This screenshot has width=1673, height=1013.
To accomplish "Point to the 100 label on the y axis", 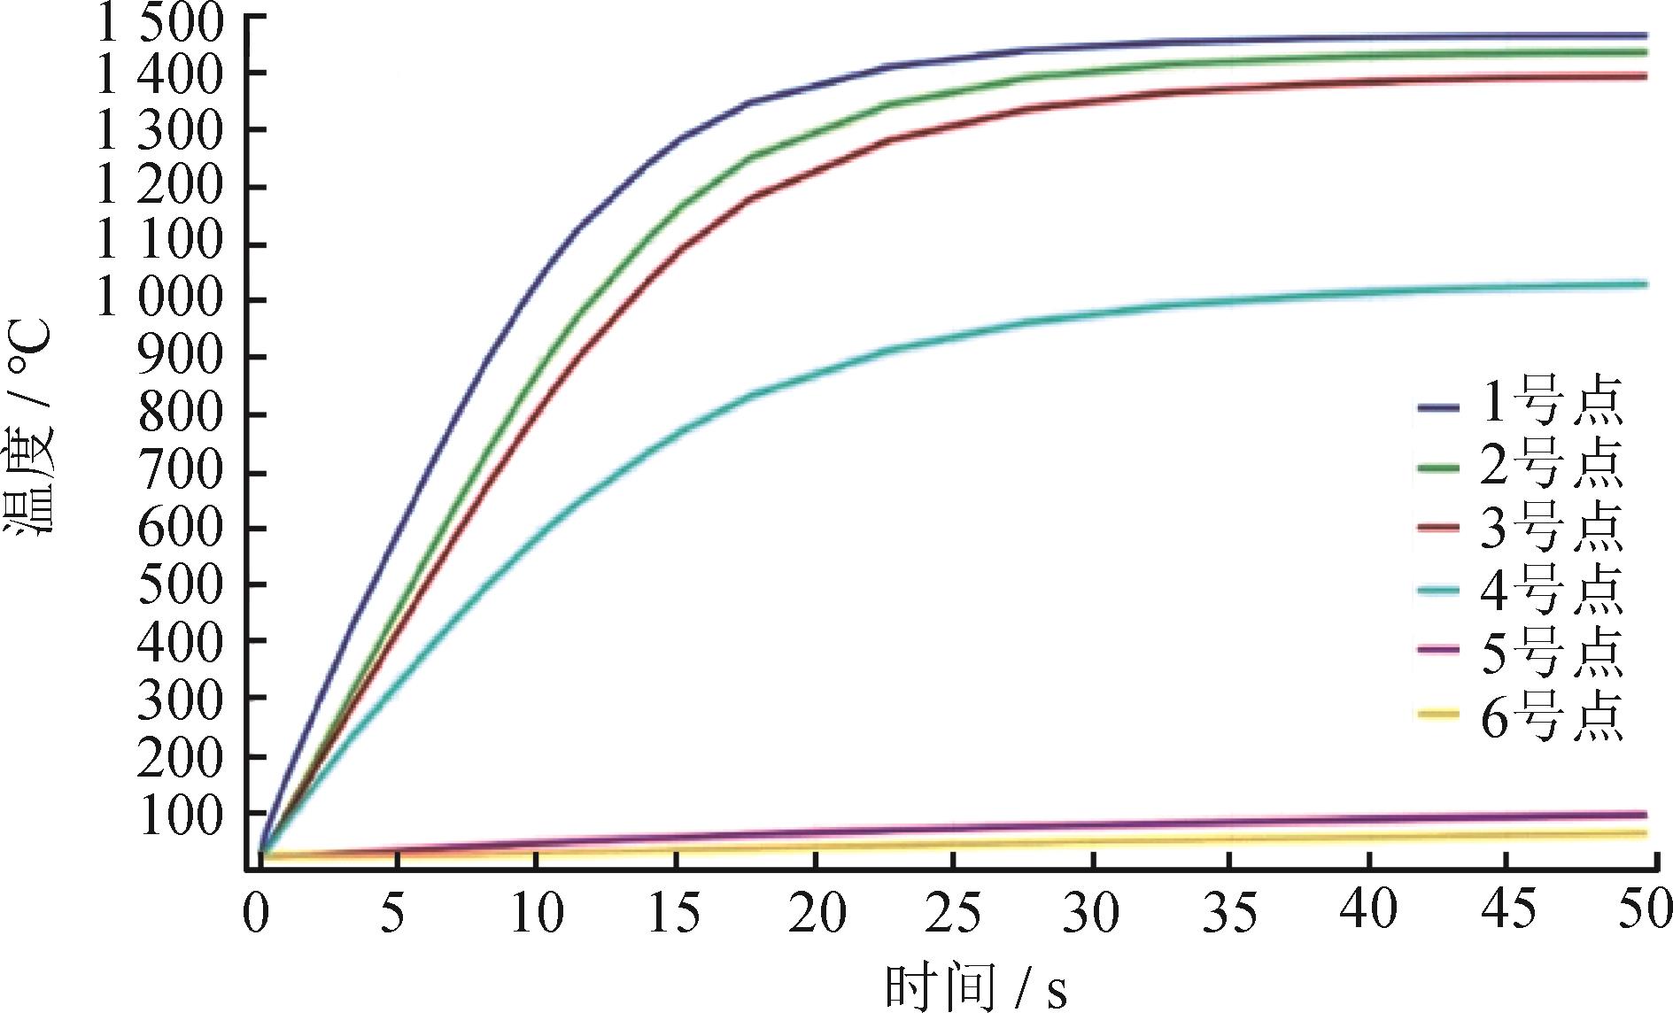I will point(181,816).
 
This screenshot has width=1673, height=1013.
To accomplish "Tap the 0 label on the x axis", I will point(256,912).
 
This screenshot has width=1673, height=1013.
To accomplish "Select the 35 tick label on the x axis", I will point(1229,912).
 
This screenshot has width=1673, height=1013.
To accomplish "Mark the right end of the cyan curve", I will point(1646,284).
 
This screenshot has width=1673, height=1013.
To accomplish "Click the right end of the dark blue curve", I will point(1646,36).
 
